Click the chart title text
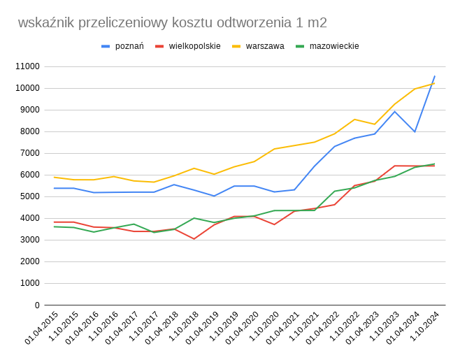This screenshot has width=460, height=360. [x=172, y=22]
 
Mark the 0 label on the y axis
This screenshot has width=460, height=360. [x=36, y=305]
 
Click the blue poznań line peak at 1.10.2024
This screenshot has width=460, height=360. [x=435, y=76]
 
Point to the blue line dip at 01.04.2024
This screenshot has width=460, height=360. [x=415, y=131]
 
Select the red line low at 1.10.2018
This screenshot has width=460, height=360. [x=194, y=239]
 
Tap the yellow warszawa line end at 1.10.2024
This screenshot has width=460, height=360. [x=435, y=83]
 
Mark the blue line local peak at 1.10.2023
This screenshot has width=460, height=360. [x=395, y=111]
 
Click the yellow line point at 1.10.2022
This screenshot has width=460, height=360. [x=354, y=120]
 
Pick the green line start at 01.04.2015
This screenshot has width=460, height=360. [x=54, y=226]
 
